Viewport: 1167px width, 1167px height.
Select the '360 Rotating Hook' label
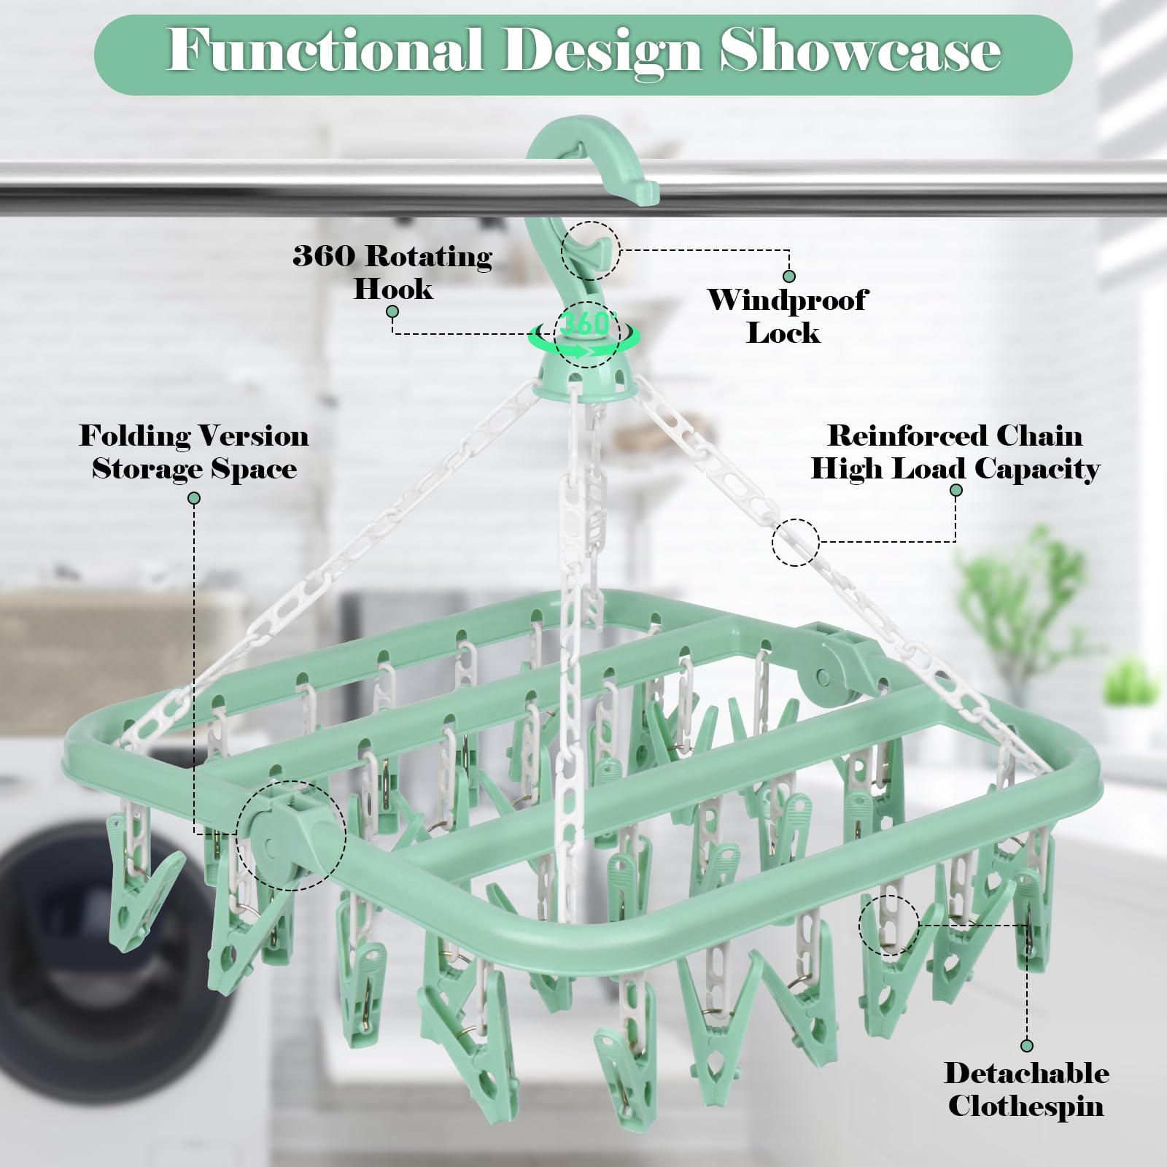(393, 271)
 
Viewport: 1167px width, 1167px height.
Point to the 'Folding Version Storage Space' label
(194, 451)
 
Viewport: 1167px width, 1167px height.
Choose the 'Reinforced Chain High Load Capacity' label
(955, 451)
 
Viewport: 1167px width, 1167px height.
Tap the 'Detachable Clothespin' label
(1026, 1089)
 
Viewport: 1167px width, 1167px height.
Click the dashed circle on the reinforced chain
(796, 542)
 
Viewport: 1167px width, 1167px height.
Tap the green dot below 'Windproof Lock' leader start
(788, 276)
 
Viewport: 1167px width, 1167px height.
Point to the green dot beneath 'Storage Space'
(194, 498)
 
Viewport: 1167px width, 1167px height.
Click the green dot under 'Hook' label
(392, 311)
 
